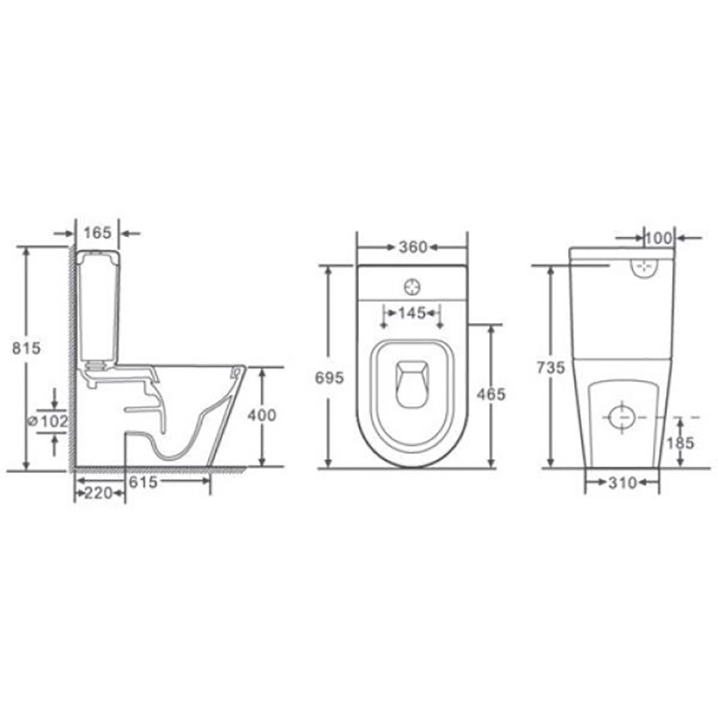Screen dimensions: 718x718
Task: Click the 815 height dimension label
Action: tap(26, 348)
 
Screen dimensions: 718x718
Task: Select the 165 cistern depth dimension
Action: tap(98, 232)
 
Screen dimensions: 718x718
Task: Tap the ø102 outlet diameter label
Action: tap(48, 421)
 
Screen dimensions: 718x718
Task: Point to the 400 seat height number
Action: tap(262, 415)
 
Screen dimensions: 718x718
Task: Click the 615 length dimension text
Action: tap(143, 482)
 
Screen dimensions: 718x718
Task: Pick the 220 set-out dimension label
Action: tap(100, 493)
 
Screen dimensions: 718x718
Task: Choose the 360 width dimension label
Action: tap(413, 248)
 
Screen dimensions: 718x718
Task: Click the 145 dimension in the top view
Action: tap(412, 313)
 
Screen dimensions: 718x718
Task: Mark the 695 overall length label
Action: tap(329, 378)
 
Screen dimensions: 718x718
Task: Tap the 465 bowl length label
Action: tap(491, 394)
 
